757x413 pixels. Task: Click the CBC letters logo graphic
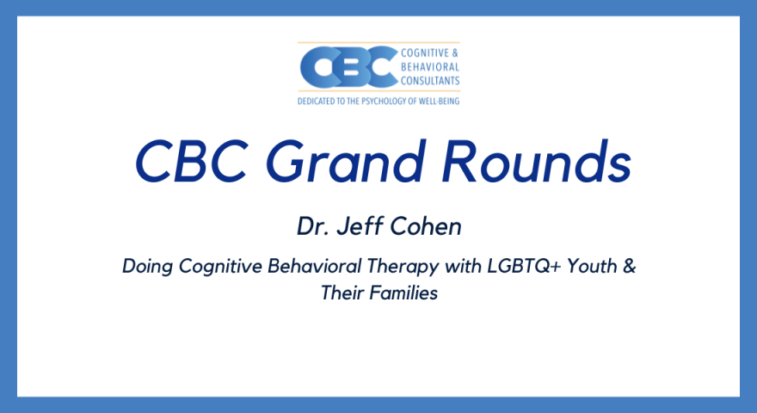349,66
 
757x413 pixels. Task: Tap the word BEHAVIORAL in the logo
430,66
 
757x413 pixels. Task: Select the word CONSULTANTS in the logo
430,81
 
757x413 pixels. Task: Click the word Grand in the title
346,162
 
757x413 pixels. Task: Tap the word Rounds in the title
537,162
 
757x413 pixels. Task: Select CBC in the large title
192,162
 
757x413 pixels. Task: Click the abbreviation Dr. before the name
313,226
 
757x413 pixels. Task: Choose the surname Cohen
426,226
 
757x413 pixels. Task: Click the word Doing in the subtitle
147,267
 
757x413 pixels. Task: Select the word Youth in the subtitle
592,266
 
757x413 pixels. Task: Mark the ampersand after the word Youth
629,266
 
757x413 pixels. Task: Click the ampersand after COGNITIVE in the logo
455,53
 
